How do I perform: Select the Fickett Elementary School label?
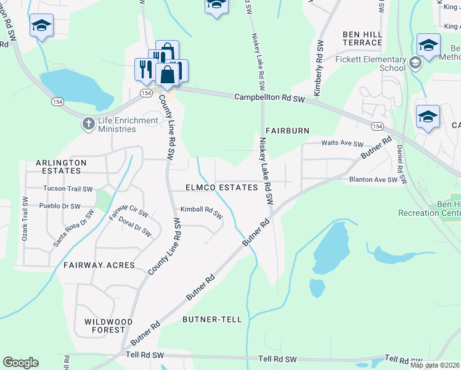tap(370, 64)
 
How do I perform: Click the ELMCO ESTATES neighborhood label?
tap(221, 187)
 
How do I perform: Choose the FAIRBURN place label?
tap(287, 131)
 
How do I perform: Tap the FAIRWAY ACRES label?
tap(99, 265)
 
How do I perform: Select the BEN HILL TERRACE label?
tap(362, 38)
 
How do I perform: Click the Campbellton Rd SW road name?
tap(270, 98)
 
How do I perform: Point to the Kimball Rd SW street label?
tap(202, 212)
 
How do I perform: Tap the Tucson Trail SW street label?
tap(68, 189)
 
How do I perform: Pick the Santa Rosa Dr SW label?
tap(73, 228)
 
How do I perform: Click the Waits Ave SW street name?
tap(343, 143)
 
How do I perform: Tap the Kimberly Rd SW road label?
tap(319, 67)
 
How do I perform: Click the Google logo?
tap(20, 363)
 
